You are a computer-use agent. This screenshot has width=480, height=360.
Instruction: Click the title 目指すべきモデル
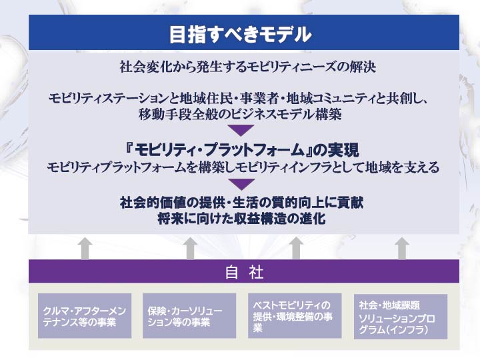tap(240, 34)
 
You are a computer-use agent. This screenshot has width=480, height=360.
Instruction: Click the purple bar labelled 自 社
tap(244, 271)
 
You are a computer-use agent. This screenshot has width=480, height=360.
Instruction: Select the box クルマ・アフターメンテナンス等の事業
tap(85, 316)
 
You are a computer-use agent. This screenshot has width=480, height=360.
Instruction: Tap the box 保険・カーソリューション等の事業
tap(189, 316)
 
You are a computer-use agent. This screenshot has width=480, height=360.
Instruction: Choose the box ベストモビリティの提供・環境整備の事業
tap(295, 316)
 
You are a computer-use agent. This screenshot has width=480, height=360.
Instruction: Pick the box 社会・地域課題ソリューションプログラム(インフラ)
tap(401, 317)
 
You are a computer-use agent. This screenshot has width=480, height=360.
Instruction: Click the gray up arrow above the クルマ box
tap(85, 249)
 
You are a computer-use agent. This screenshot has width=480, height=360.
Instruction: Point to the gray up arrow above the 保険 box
tap(190, 249)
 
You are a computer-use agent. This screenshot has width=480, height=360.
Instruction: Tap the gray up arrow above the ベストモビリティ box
tap(296, 249)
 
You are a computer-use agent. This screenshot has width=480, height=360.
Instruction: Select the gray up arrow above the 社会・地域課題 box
tap(401, 249)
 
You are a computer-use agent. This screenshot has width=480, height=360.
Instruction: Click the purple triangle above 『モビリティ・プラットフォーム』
tap(241, 131)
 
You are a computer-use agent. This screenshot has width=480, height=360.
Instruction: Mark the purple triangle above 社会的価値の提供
tap(242, 184)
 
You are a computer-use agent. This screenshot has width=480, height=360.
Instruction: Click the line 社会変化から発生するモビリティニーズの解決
tap(248, 67)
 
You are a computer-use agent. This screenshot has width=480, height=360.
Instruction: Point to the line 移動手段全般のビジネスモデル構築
tap(240, 115)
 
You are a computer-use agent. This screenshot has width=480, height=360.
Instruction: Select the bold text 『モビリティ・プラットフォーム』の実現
tap(242, 150)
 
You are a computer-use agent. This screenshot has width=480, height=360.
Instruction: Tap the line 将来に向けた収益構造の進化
tap(241, 219)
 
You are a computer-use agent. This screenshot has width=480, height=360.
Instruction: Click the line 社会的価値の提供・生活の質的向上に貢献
tap(242, 203)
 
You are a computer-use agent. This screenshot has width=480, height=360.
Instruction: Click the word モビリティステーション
tap(107, 99)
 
